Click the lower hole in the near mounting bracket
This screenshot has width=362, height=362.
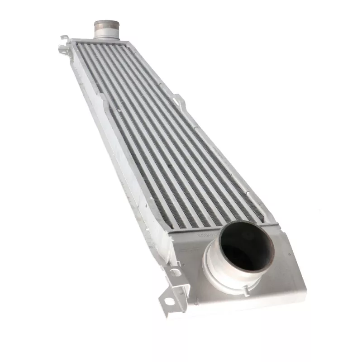168,300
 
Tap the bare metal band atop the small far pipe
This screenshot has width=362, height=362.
106,24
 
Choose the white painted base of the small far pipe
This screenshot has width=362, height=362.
106,34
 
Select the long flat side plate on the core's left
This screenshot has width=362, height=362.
118,149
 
